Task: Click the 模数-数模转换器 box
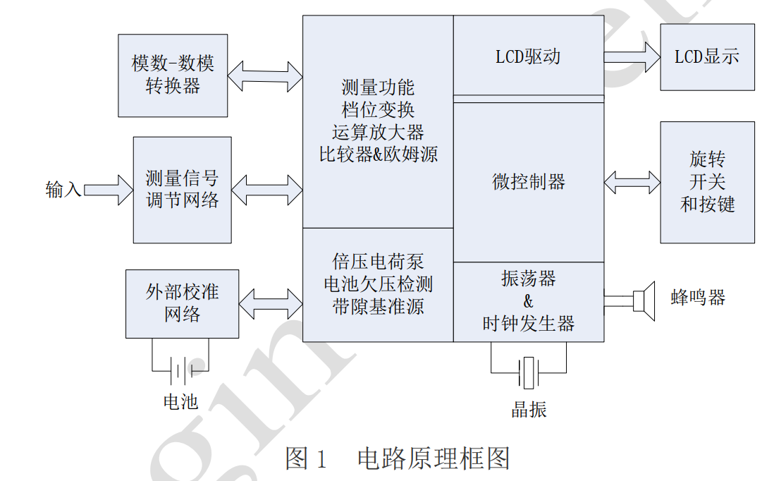coord(173,75)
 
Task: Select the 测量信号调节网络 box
coord(183,190)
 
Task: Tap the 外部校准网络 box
coord(182,303)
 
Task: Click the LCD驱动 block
coord(528,56)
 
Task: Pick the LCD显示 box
coord(707,57)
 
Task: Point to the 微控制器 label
coord(528,182)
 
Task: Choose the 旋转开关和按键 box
coord(707,182)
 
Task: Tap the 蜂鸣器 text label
coord(697,297)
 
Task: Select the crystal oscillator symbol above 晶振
coord(529,372)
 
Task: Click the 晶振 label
coord(529,410)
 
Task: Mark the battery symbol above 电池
coord(180,370)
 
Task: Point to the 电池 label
coord(180,402)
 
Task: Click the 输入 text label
coord(63,190)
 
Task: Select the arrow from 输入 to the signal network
coord(109,190)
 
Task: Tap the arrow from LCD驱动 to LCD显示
coord(632,56)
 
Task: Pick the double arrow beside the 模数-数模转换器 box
coord(265,75)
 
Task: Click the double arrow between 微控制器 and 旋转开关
coord(632,182)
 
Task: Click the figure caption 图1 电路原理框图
coord(398,458)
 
